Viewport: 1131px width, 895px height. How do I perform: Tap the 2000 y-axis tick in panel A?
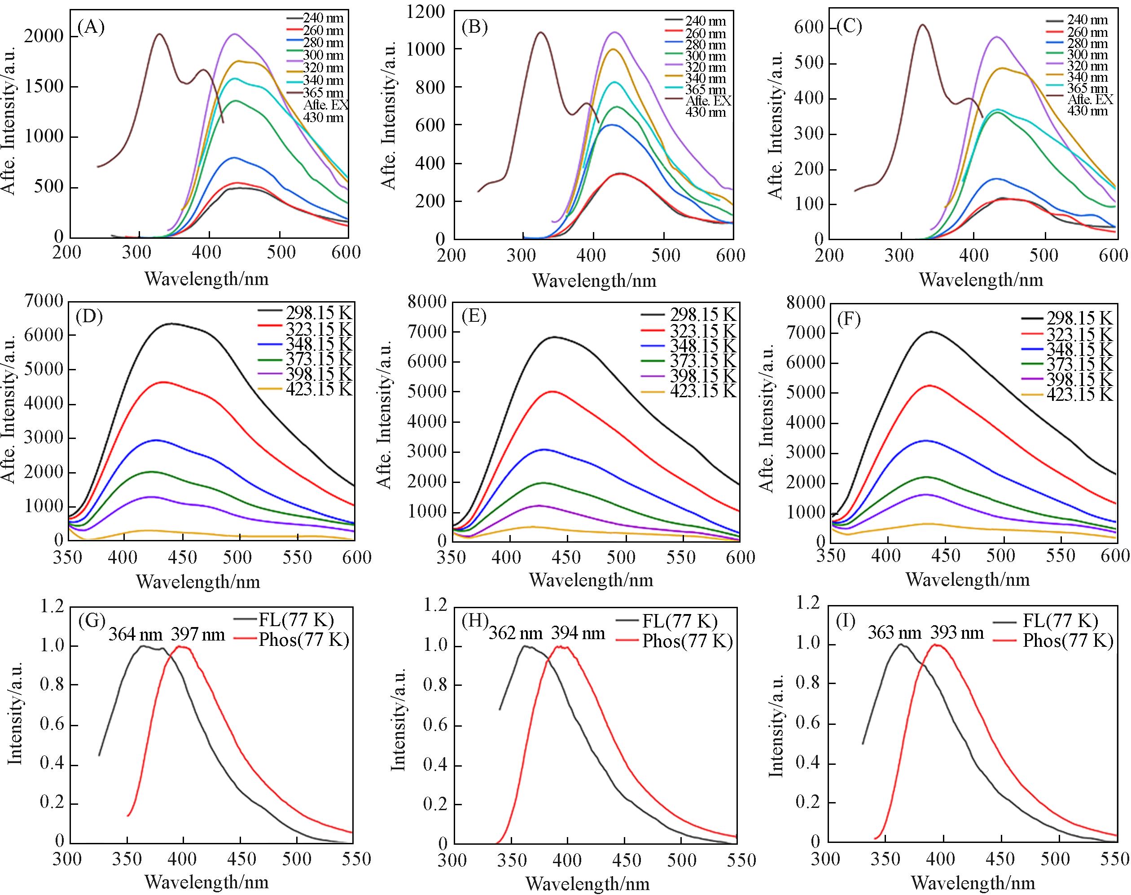44,37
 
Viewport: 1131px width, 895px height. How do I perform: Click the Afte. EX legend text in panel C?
1089,100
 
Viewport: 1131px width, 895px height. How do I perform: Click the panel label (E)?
474,316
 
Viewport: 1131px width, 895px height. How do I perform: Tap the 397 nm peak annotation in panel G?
198,635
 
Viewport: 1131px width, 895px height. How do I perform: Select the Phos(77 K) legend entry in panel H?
687,641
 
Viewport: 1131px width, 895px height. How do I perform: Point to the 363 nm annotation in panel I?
894,633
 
